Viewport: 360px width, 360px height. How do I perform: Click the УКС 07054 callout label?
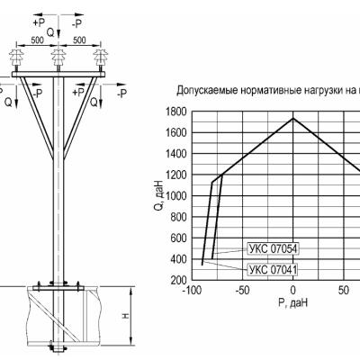pos(273,249)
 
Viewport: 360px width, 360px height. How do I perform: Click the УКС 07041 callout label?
pos(273,270)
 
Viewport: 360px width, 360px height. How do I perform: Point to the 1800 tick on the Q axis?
pos(176,112)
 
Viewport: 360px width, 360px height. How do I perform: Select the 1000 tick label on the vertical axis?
pos(176,196)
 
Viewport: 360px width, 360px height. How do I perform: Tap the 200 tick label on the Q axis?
pos(179,280)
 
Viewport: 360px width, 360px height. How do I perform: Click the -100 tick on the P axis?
pos(192,291)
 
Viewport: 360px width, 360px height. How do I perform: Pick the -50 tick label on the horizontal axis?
pos(242,291)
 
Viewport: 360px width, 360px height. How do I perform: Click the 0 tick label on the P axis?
pos(293,291)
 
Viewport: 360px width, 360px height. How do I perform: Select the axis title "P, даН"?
pos(292,302)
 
